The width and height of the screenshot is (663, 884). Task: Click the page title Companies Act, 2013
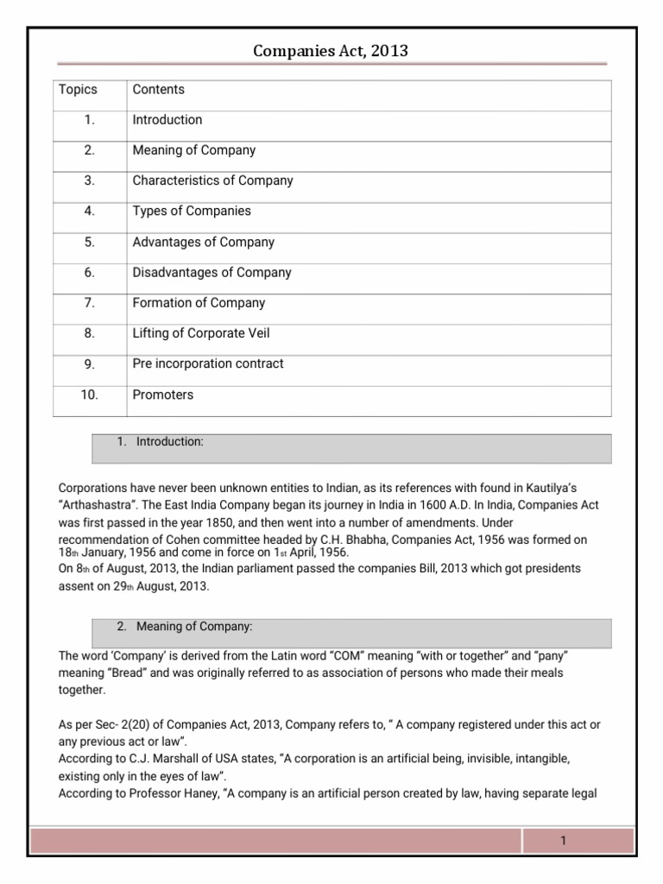click(331, 52)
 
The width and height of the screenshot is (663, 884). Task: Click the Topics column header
click(78, 90)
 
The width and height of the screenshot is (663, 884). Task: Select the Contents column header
click(158, 90)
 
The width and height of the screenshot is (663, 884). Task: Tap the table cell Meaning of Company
click(193, 150)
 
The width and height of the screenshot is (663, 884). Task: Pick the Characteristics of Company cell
click(212, 180)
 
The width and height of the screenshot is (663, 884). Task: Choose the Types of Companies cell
click(192, 212)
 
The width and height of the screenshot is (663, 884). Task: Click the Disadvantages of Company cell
click(212, 273)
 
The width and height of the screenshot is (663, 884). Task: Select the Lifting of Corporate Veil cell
click(202, 333)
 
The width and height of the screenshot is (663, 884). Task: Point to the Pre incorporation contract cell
click(207, 363)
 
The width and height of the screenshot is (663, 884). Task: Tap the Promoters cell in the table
click(162, 395)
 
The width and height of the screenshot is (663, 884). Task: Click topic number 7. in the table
click(90, 303)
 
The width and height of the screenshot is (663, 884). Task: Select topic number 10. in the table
click(90, 395)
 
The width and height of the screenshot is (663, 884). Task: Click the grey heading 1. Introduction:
click(161, 442)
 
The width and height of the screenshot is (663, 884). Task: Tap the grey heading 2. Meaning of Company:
click(184, 626)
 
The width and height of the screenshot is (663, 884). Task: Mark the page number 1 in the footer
click(563, 841)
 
